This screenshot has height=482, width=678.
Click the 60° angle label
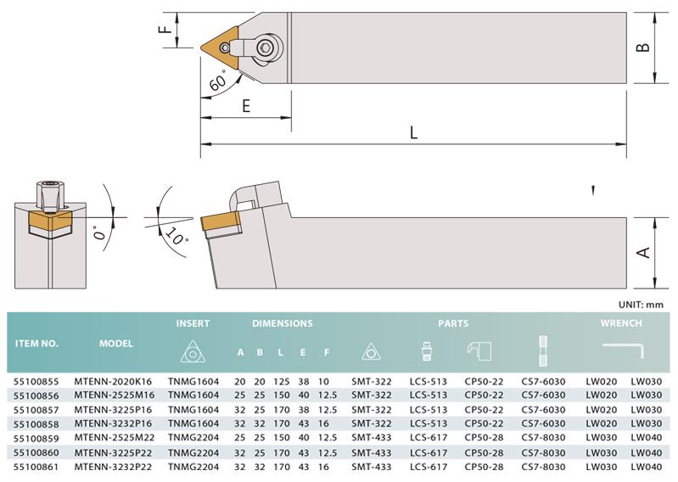coord(218,81)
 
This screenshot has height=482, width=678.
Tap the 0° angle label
coord(100,233)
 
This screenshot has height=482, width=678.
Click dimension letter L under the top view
coord(414,132)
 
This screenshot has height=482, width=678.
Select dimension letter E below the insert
coord(246,105)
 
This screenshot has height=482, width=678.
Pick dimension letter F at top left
coord(165,30)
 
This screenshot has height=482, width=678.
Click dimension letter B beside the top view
coord(643,48)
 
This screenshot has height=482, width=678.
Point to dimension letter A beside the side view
coord(643,252)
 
